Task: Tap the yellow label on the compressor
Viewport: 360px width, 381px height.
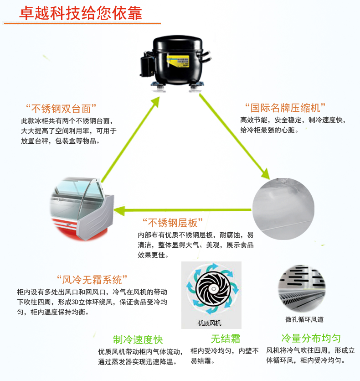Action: pos(179,60)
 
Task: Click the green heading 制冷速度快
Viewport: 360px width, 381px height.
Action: pos(138,340)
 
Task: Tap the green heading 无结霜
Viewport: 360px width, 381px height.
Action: pos(225,339)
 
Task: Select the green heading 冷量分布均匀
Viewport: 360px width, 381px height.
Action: pos(311,339)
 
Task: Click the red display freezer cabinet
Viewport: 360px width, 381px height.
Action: pos(82,209)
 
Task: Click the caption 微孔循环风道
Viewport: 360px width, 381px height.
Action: pos(304,320)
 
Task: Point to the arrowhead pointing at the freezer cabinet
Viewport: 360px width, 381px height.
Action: pos(119,210)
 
